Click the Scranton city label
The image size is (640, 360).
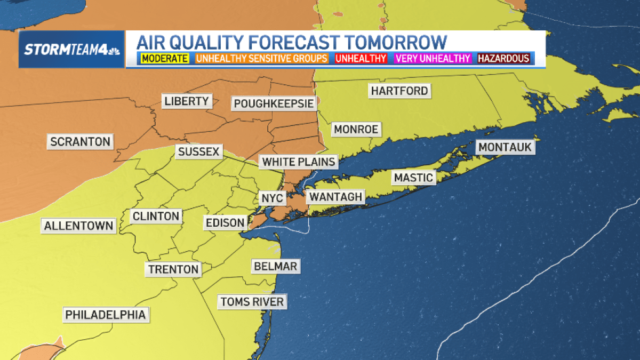pyautogui.click(x=80, y=142)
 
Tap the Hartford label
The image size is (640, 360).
pyautogui.click(x=399, y=91)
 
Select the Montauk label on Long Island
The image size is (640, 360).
pyautogui.click(x=505, y=147)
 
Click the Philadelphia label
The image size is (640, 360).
pyautogui.click(x=105, y=315)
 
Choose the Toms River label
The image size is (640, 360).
pyautogui.click(x=252, y=301)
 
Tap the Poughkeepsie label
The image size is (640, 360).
pyautogui.click(x=274, y=103)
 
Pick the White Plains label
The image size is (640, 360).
pyautogui.click(x=299, y=162)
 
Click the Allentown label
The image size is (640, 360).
pyautogui.click(x=78, y=226)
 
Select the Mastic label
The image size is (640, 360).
pyautogui.click(x=413, y=178)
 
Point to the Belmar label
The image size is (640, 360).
pyautogui.click(x=275, y=266)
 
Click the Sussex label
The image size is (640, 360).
pyautogui.click(x=198, y=152)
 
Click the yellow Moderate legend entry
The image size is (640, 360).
pyautogui.click(x=165, y=58)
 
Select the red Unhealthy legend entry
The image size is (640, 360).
pyautogui.click(x=361, y=58)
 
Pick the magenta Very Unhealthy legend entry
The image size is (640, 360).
pyautogui.click(x=433, y=58)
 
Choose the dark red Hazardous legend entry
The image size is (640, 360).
pyautogui.click(x=503, y=58)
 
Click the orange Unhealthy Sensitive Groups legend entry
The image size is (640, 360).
pyautogui.click(x=262, y=58)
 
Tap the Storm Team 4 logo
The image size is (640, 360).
pyautogui.click(x=71, y=50)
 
